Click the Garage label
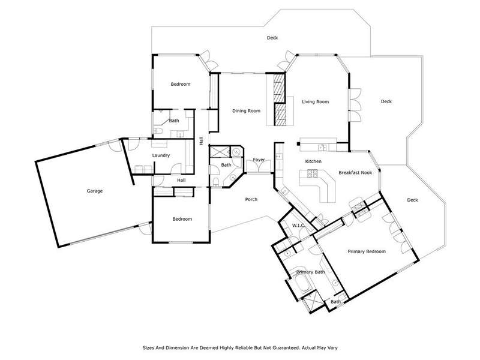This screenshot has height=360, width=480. point(95,191)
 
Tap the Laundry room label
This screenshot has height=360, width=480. point(161,155)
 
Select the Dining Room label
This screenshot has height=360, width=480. point(247,111)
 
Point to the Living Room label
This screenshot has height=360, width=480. point(316,101)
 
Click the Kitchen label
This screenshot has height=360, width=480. point(313,161)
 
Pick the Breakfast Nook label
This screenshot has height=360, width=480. point(355,173)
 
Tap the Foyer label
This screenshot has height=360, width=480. point(259,160)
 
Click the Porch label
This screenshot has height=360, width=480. point(251,200)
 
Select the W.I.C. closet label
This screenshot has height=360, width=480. point(298,226)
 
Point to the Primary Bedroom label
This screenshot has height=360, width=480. point(367,251)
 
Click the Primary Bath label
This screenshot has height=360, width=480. point(310,272)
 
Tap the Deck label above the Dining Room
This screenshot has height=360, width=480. point(272,38)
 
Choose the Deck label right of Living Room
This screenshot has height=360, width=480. point(386,101)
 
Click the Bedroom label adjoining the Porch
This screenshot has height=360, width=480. point(182,219)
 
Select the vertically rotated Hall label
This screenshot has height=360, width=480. point(201,141)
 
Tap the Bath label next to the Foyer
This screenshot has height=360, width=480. point(226,165)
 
